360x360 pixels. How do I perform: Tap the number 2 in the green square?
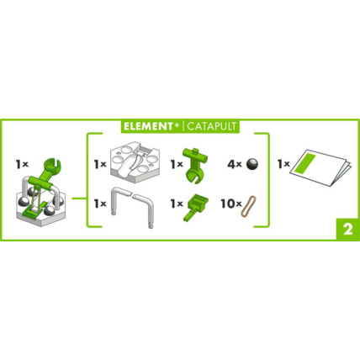pyautogui.click(x=345, y=230)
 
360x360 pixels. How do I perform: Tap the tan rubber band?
pyautogui.click(x=249, y=204)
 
